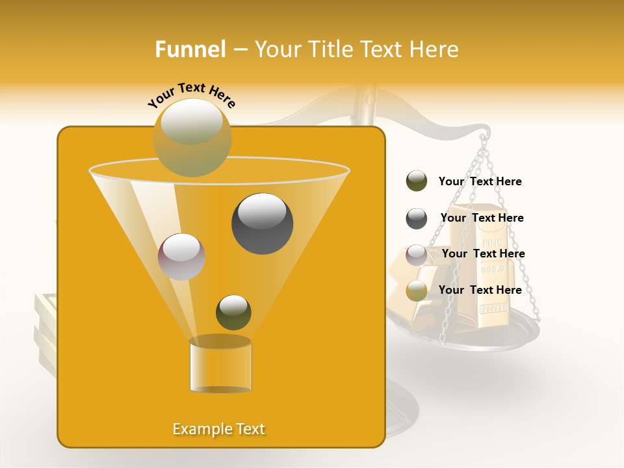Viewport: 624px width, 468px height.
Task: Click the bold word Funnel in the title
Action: (190, 49)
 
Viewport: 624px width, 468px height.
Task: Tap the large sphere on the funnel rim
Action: (192, 138)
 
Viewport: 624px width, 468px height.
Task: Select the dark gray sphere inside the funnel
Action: (262, 223)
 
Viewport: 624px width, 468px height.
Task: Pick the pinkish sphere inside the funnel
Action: (181, 256)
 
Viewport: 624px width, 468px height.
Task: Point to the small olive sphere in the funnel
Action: (233, 312)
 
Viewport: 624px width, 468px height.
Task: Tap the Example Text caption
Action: (218, 429)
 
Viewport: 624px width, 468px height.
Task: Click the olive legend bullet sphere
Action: (417, 181)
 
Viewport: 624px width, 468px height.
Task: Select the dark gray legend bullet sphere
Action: (417, 218)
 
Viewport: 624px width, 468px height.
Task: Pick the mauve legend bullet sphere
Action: (417, 254)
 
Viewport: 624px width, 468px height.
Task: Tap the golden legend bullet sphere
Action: (417, 291)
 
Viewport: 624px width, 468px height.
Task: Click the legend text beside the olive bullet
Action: (480, 181)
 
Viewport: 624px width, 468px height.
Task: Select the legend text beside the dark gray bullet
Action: (482, 218)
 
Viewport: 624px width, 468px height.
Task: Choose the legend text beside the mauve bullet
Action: (483, 253)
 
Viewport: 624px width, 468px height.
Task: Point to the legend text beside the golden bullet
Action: (480, 290)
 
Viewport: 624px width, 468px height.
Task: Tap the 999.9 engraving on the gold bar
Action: (492, 268)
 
